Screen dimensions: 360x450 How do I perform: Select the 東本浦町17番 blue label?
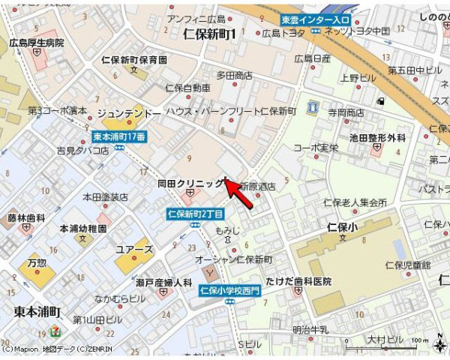(x=119, y=136)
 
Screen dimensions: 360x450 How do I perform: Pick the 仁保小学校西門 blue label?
(x=229, y=291)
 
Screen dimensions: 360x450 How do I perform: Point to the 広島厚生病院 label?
(x=37, y=43)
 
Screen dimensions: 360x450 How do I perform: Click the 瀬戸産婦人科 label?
(x=164, y=283)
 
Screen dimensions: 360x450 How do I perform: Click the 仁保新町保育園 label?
(x=134, y=59)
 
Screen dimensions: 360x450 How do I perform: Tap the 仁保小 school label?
(x=346, y=225)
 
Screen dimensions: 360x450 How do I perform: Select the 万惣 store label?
(x=37, y=263)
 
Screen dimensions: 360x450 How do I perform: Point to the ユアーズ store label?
(x=135, y=249)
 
